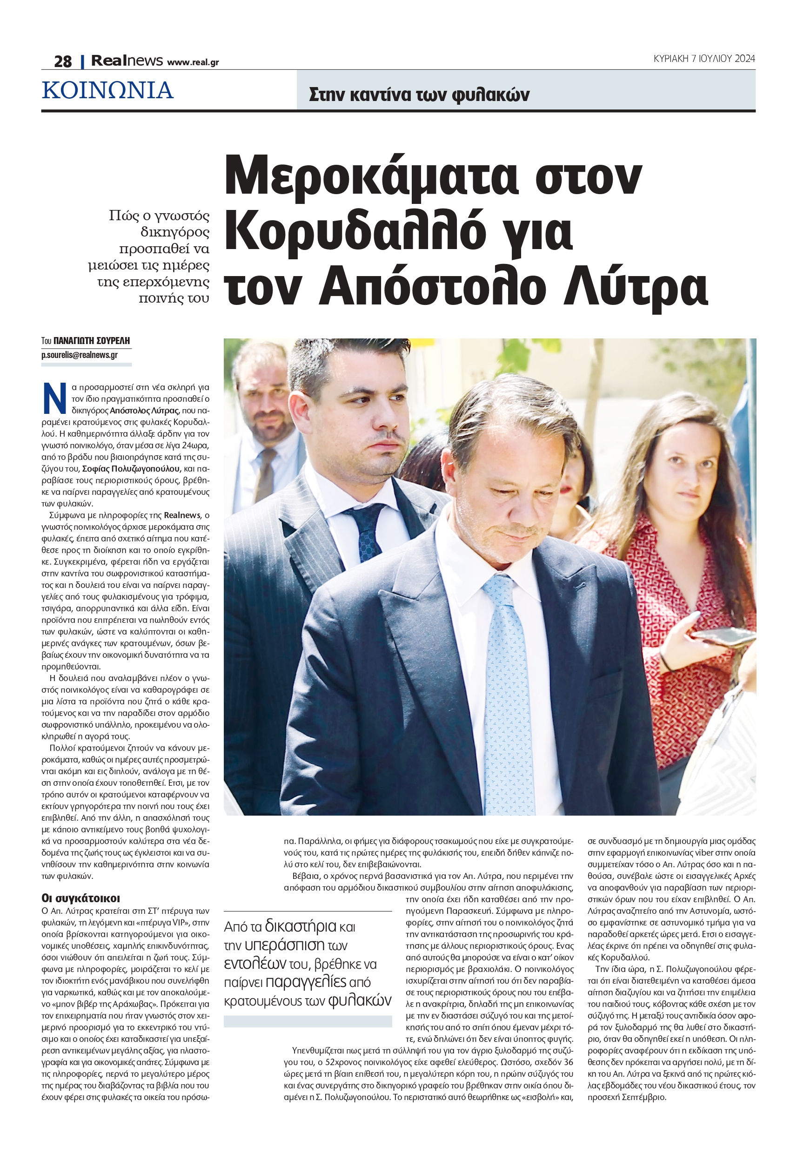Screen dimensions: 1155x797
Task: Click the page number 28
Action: pyautogui.click(x=63, y=61)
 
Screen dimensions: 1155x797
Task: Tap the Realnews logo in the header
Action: pyautogui.click(x=127, y=61)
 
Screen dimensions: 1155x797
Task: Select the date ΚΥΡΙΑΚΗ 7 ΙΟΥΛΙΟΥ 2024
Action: pyautogui.click(x=704, y=59)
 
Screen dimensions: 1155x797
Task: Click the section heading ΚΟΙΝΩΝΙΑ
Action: pyautogui.click(x=108, y=90)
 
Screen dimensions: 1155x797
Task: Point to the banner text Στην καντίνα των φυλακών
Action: pyautogui.click(x=419, y=95)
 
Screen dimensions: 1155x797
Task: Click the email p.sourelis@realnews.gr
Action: pyautogui.click(x=80, y=355)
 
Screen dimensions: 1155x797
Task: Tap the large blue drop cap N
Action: pyautogui.click(x=54, y=398)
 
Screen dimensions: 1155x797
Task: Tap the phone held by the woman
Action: pyautogui.click(x=721, y=636)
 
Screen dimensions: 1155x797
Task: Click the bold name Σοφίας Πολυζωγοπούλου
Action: pyautogui.click(x=131, y=469)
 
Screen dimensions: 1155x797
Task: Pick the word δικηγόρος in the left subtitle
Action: pyautogui.click(x=175, y=232)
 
